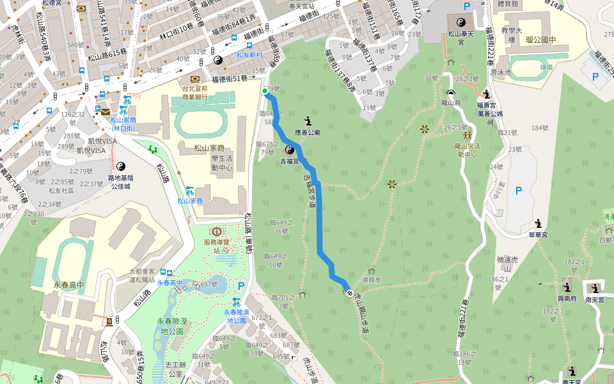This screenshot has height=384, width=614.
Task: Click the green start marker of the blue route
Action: [x=265, y=92]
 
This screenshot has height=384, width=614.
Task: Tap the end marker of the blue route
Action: [x=350, y=292]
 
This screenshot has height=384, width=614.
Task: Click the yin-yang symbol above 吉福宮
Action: [x=289, y=150]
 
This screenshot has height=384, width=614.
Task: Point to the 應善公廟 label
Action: [x=308, y=132]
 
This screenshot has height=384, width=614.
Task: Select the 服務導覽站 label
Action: [x=217, y=246]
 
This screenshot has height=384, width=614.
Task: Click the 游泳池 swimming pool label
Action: [x=501, y=72]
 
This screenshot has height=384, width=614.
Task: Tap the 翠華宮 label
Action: [x=539, y=235]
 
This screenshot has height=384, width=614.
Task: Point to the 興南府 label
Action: [x=566, y=298]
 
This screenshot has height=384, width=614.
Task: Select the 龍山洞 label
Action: [x=451, y=102]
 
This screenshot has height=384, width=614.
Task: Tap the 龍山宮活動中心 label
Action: [x=468, y=150]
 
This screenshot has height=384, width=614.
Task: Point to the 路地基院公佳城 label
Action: [x=120, y=182]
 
